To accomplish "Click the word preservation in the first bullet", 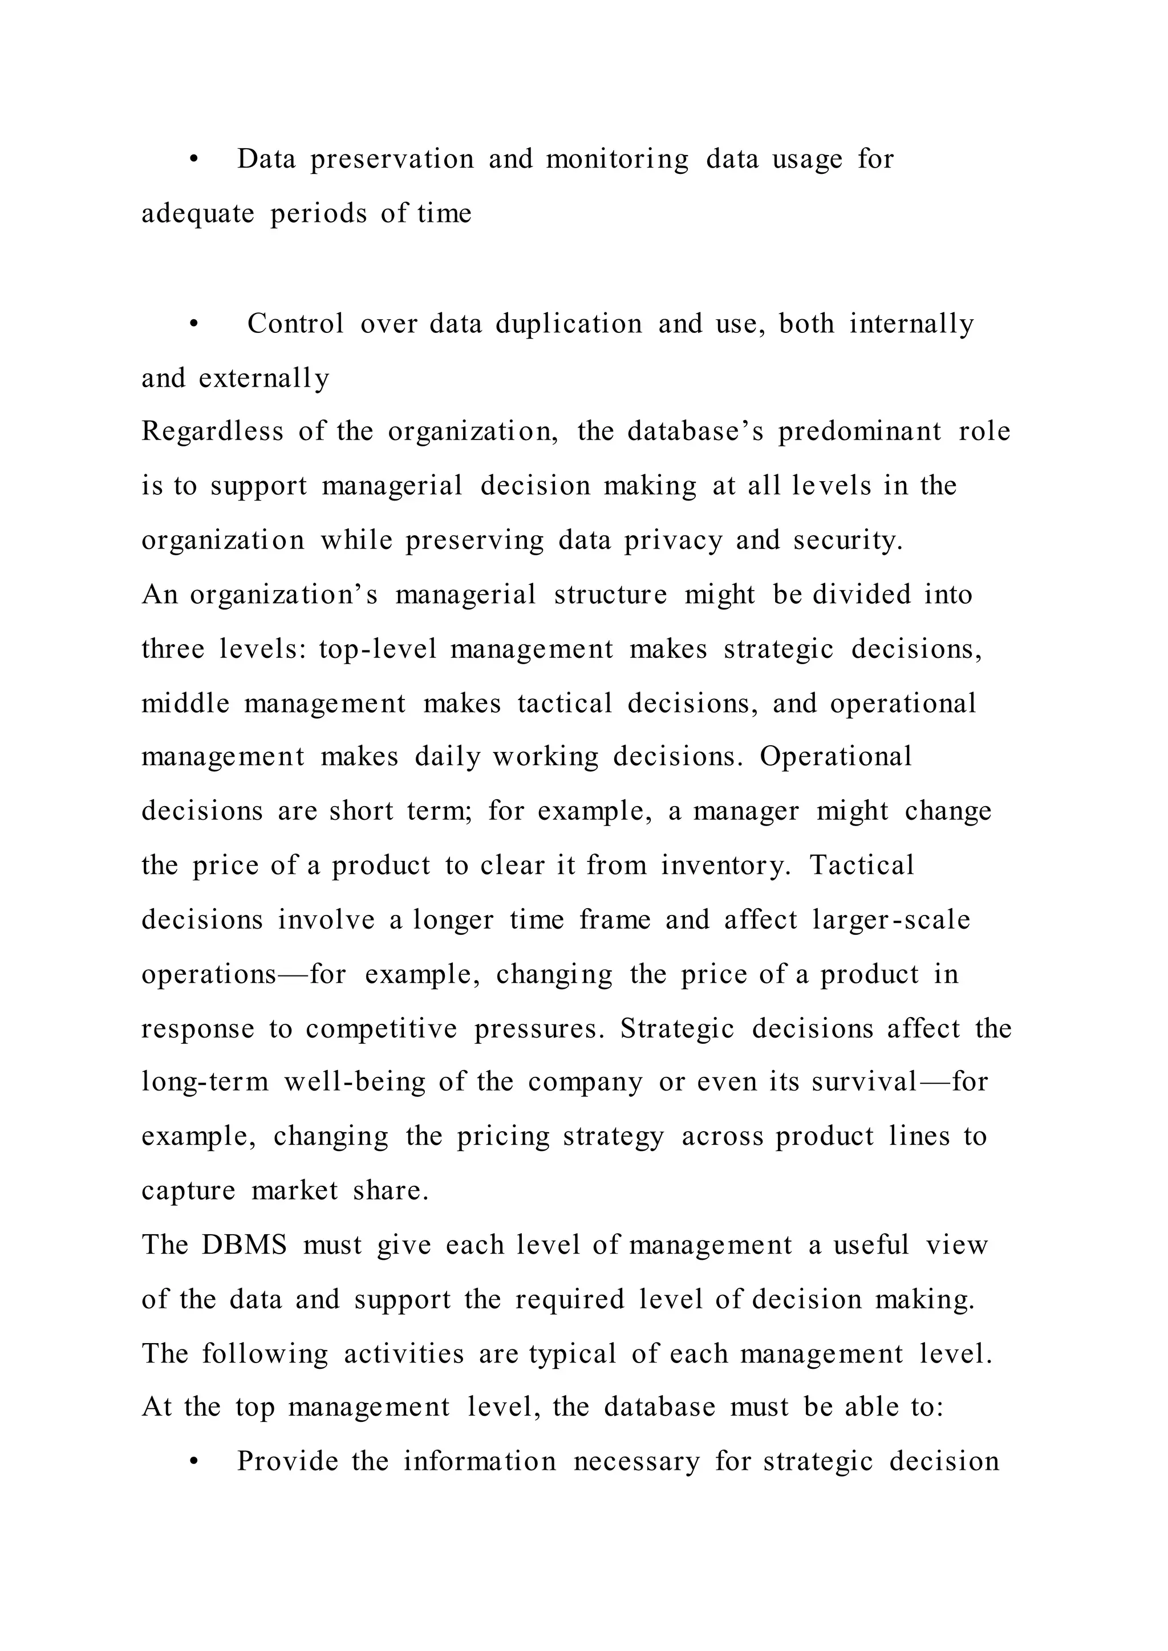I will [x=392, y=160].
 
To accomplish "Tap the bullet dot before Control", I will [x=193, y=325].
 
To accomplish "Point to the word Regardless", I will [x=212, y=432].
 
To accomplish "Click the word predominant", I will [x=859, y=432].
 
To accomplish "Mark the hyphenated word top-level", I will [x=378, y=649].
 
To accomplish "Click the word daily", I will [x=447, y=757].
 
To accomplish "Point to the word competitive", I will [x=381, y=1029].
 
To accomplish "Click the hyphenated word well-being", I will [x=355, y=1082].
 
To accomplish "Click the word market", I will [x=294, y=1191].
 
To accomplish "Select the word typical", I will [x=573, y=1354].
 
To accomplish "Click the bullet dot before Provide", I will [x=193, y=1462].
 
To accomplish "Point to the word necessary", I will [x=636, y=1462].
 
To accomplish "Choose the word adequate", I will [x=198, y=214].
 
